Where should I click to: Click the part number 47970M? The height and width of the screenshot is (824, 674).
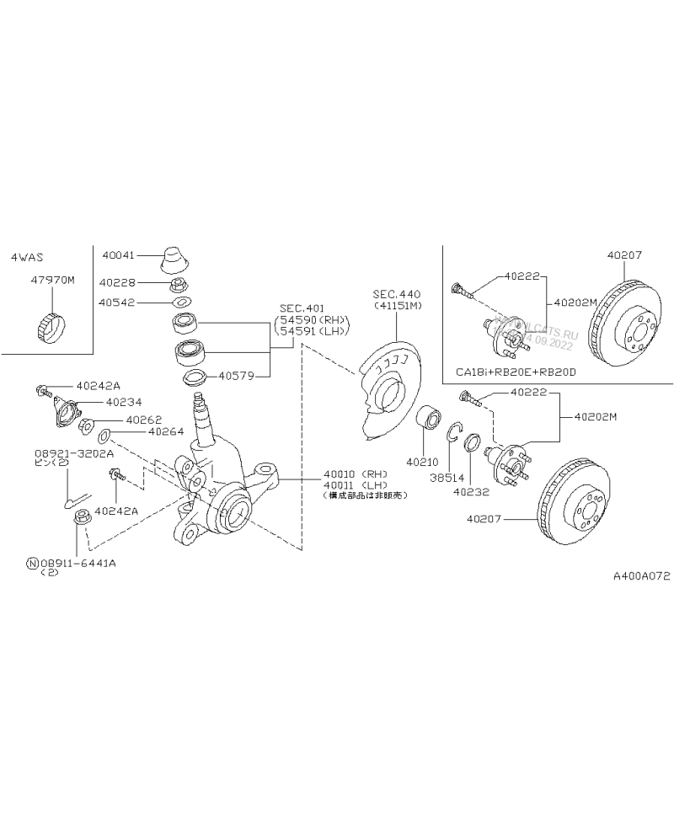click(x=54, y=278)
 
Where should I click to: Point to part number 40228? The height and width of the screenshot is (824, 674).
click(x=116, y=283)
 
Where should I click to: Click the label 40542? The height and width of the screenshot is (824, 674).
click(x=116, y=301)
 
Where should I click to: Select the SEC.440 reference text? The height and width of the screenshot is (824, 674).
click(x=396, y=293)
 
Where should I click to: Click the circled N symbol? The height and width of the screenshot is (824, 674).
click(x=32, y=562)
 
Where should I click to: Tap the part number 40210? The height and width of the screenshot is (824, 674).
click(x=423, y=462)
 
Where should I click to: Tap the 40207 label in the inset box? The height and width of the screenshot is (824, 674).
click(x=623, y=253)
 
